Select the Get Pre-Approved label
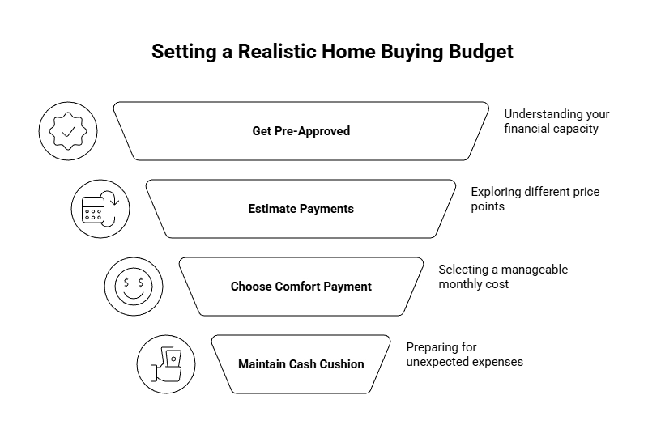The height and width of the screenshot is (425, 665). pyautogui.click(x=301, y=131)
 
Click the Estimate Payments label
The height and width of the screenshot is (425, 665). pyautogui.click(x=301, y=209)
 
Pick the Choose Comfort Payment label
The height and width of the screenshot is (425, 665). pyautogui.click(x=301, y=287)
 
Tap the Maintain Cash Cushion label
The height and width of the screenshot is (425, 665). pyautogui.click(x=301, y=364)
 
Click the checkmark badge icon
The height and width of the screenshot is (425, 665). pyautogui.click(x=68, y=131)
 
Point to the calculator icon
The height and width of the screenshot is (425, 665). pyautogui.click(x=93, y=210)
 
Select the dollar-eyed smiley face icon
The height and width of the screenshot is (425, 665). pyautogui.click(x=134, y=287)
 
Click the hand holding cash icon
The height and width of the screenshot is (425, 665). pyautogui.click(x=167, y=364)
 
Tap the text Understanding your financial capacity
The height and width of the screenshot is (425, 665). pyautogui.click(x=556, y=121)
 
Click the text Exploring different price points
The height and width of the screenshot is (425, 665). pyautogui.click(x=535, y=199)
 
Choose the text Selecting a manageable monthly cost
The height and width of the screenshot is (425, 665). pyautogui.click(x=503, y=277)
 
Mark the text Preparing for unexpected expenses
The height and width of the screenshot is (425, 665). pyautogui.click(x=464, y=355)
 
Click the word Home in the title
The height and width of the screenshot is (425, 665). pyautogui.click(x=348, y=52)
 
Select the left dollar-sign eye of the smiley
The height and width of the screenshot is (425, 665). pyautogui.click(x=126, y=283)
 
